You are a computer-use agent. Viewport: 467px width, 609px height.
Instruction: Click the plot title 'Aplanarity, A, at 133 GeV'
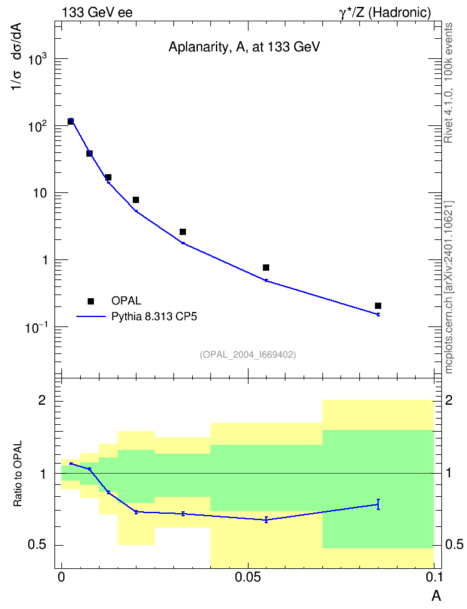[x=244, y=48]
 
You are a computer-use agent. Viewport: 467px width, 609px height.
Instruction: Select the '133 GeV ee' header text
[x=97, y=13]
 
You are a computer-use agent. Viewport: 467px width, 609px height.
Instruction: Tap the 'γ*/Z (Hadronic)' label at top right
[x=385, y=13]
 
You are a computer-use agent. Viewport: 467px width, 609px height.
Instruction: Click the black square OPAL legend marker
[x=91, y=301]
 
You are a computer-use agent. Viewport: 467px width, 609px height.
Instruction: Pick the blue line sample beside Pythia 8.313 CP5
[x=91, y=316]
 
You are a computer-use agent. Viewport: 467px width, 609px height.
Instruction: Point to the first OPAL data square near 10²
[x=71, y=121]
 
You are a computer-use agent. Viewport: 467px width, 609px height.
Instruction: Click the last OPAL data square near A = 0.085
[x=378, y=306]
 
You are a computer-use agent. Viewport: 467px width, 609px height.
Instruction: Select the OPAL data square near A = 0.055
[x=266, y=268]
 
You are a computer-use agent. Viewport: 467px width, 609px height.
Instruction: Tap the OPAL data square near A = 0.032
[x=183, y=232]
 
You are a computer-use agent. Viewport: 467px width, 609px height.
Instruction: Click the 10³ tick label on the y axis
[x=38, y=60]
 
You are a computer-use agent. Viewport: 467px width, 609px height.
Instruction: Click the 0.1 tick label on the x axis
[x=434, y=578]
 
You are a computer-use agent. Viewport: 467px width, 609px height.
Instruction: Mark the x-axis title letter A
[x=436, y=596]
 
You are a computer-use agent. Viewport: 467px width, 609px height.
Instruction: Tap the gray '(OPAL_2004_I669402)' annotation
[x=248, y=355]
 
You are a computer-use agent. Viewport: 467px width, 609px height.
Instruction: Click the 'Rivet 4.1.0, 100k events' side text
[x=448, y=83]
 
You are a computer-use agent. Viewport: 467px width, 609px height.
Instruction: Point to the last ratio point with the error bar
[x=378, y=504]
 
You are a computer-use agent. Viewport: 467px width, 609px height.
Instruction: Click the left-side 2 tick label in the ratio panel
[x=41, y=400]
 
